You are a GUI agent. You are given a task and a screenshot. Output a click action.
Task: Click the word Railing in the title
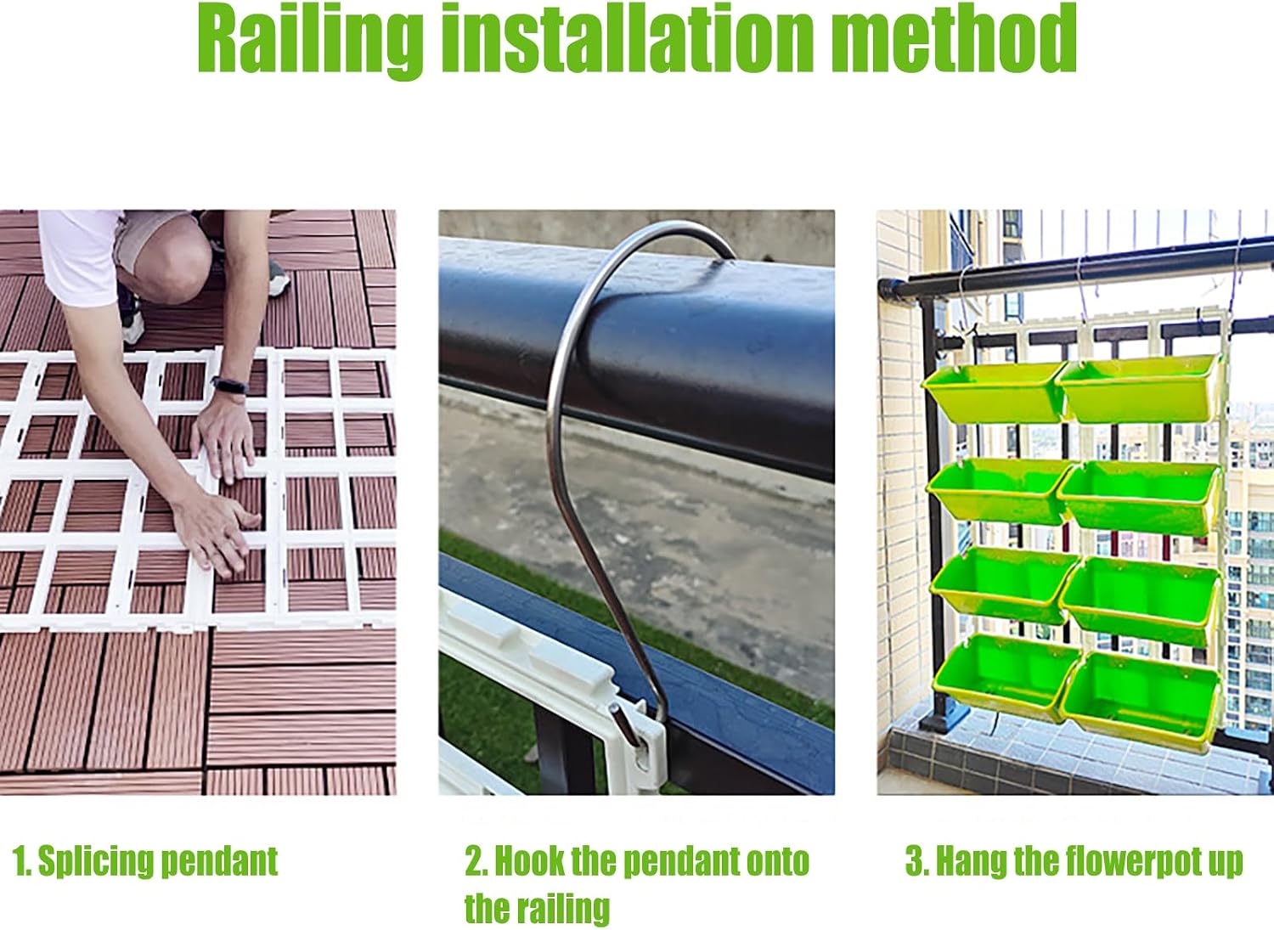(311, 41)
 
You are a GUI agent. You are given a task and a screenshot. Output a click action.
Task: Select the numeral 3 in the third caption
(913, 861)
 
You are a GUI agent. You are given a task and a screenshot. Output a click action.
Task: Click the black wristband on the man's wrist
(229, 385)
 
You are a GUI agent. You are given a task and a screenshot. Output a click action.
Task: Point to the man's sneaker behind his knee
(278, 279)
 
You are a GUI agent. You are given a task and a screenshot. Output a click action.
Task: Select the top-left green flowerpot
(995, 392)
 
